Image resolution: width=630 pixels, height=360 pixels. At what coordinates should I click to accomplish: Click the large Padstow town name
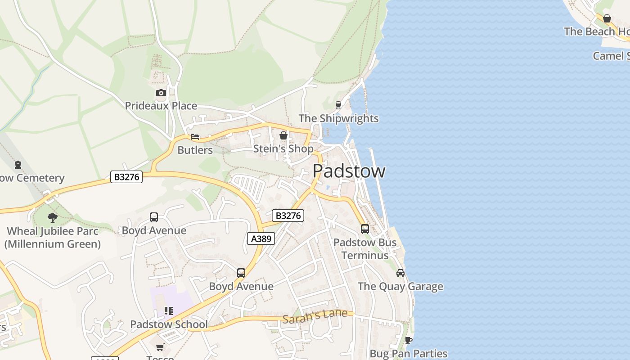click(x=349, y=171)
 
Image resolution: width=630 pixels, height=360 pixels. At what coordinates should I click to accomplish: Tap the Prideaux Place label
click(x=161, y=106)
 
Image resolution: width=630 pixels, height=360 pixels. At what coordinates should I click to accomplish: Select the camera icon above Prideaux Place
click(x=161, y=93)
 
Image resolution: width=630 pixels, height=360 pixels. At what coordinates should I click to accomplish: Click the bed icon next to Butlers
click(x=195, y=137)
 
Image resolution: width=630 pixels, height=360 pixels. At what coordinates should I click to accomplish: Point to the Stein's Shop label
click(x=283, y=148)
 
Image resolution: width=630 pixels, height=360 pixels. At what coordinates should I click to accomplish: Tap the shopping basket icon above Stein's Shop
click(x=283, y=135)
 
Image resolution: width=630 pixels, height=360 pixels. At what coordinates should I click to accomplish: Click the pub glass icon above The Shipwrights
click(x=338, y=105)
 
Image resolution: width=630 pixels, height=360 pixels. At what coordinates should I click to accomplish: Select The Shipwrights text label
click(x=338, y=118)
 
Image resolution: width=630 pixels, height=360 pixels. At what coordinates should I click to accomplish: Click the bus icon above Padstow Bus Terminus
click(x=365, y=229)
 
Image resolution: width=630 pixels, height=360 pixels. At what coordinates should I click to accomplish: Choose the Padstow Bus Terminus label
click(x=365, y=249)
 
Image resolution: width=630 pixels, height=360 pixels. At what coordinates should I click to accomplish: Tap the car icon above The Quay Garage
click(x=400, y=273)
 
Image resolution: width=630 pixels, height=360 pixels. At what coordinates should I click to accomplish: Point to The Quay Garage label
click(x=400, y=287)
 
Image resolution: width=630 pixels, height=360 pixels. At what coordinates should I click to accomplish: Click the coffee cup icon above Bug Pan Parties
click(x=408, y=340)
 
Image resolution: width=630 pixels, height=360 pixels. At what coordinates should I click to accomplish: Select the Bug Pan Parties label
click(x=408, y=354)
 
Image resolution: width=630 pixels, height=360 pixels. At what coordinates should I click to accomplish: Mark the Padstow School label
click(x=169, y=324)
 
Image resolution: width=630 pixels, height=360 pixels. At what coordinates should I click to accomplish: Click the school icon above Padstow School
click(x=169, y=311)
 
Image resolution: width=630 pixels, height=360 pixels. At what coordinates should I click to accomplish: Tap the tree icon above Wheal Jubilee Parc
click(x=53, y=218)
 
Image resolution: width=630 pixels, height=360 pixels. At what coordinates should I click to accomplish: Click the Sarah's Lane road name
click(x=315, y=315)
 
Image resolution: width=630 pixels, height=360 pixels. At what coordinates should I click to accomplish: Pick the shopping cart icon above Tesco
click(x=160, y=347)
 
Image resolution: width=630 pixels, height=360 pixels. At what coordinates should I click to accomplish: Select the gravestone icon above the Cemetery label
click(x=18, y=165)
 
